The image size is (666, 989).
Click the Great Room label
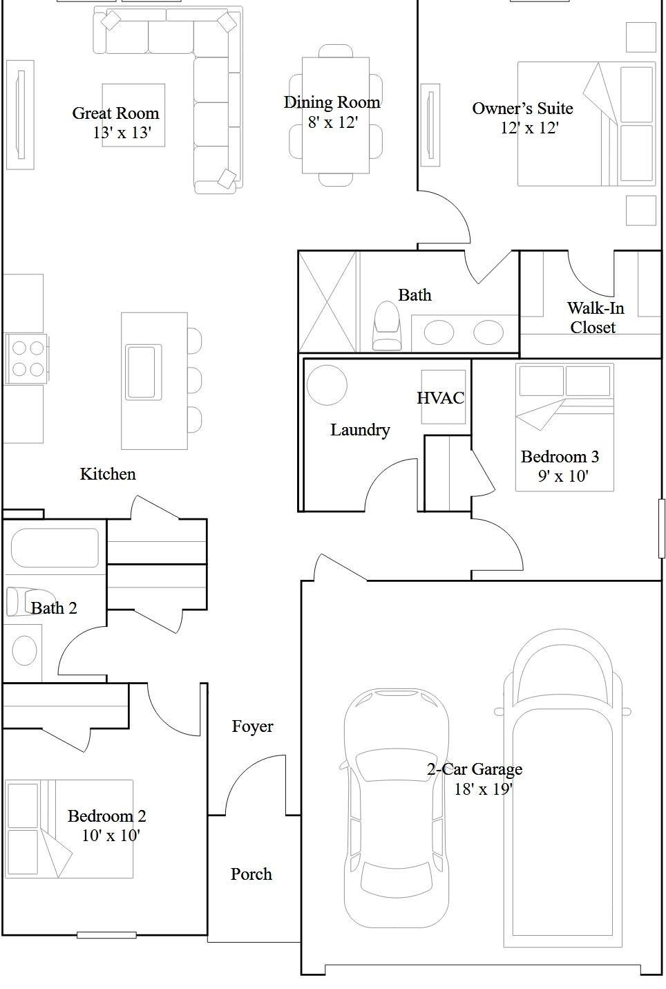tap(115, 113)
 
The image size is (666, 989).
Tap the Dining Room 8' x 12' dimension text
tap(333, 122)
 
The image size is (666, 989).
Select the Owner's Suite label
tap(522, 109)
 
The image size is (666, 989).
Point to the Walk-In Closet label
tap(596, 317)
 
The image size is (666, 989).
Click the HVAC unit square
tap(443, 397)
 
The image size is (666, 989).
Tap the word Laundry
tap(360, 430)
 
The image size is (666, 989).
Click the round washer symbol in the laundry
tap(327, 385)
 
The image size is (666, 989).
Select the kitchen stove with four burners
tap(26, 359)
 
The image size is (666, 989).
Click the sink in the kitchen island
tap(144, 373)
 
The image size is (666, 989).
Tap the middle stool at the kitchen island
tap(195, 380)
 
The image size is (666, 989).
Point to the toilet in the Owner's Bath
tap(386, 326)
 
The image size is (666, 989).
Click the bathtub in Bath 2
tap(55, 548)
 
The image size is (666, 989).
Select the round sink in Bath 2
tap(24, 650)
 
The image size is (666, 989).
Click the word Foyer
tap(252, 727)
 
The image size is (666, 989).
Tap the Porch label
tap(251, 874)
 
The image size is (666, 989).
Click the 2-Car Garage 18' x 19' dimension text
tap(484, 789)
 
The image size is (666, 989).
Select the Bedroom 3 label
tap(560, 457)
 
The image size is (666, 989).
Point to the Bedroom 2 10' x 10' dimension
tap(111, 836)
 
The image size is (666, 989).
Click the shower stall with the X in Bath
tap(327, 302)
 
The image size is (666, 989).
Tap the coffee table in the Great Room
tap(133, 115)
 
